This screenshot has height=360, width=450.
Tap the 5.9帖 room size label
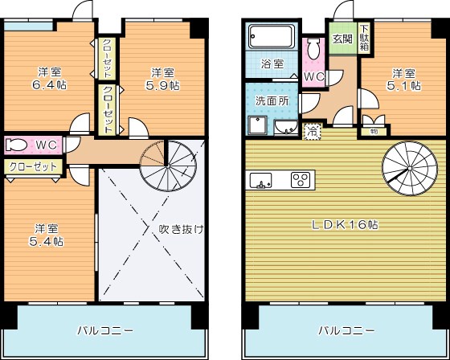click(162, 84)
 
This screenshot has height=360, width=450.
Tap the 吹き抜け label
click(181, 229)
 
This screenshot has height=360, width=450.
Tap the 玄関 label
click(342, 39)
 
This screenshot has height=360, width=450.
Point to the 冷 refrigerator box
click(312, 129)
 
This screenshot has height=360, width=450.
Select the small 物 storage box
click(374, 129)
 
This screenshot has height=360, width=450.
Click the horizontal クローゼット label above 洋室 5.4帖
click(34, 166)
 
